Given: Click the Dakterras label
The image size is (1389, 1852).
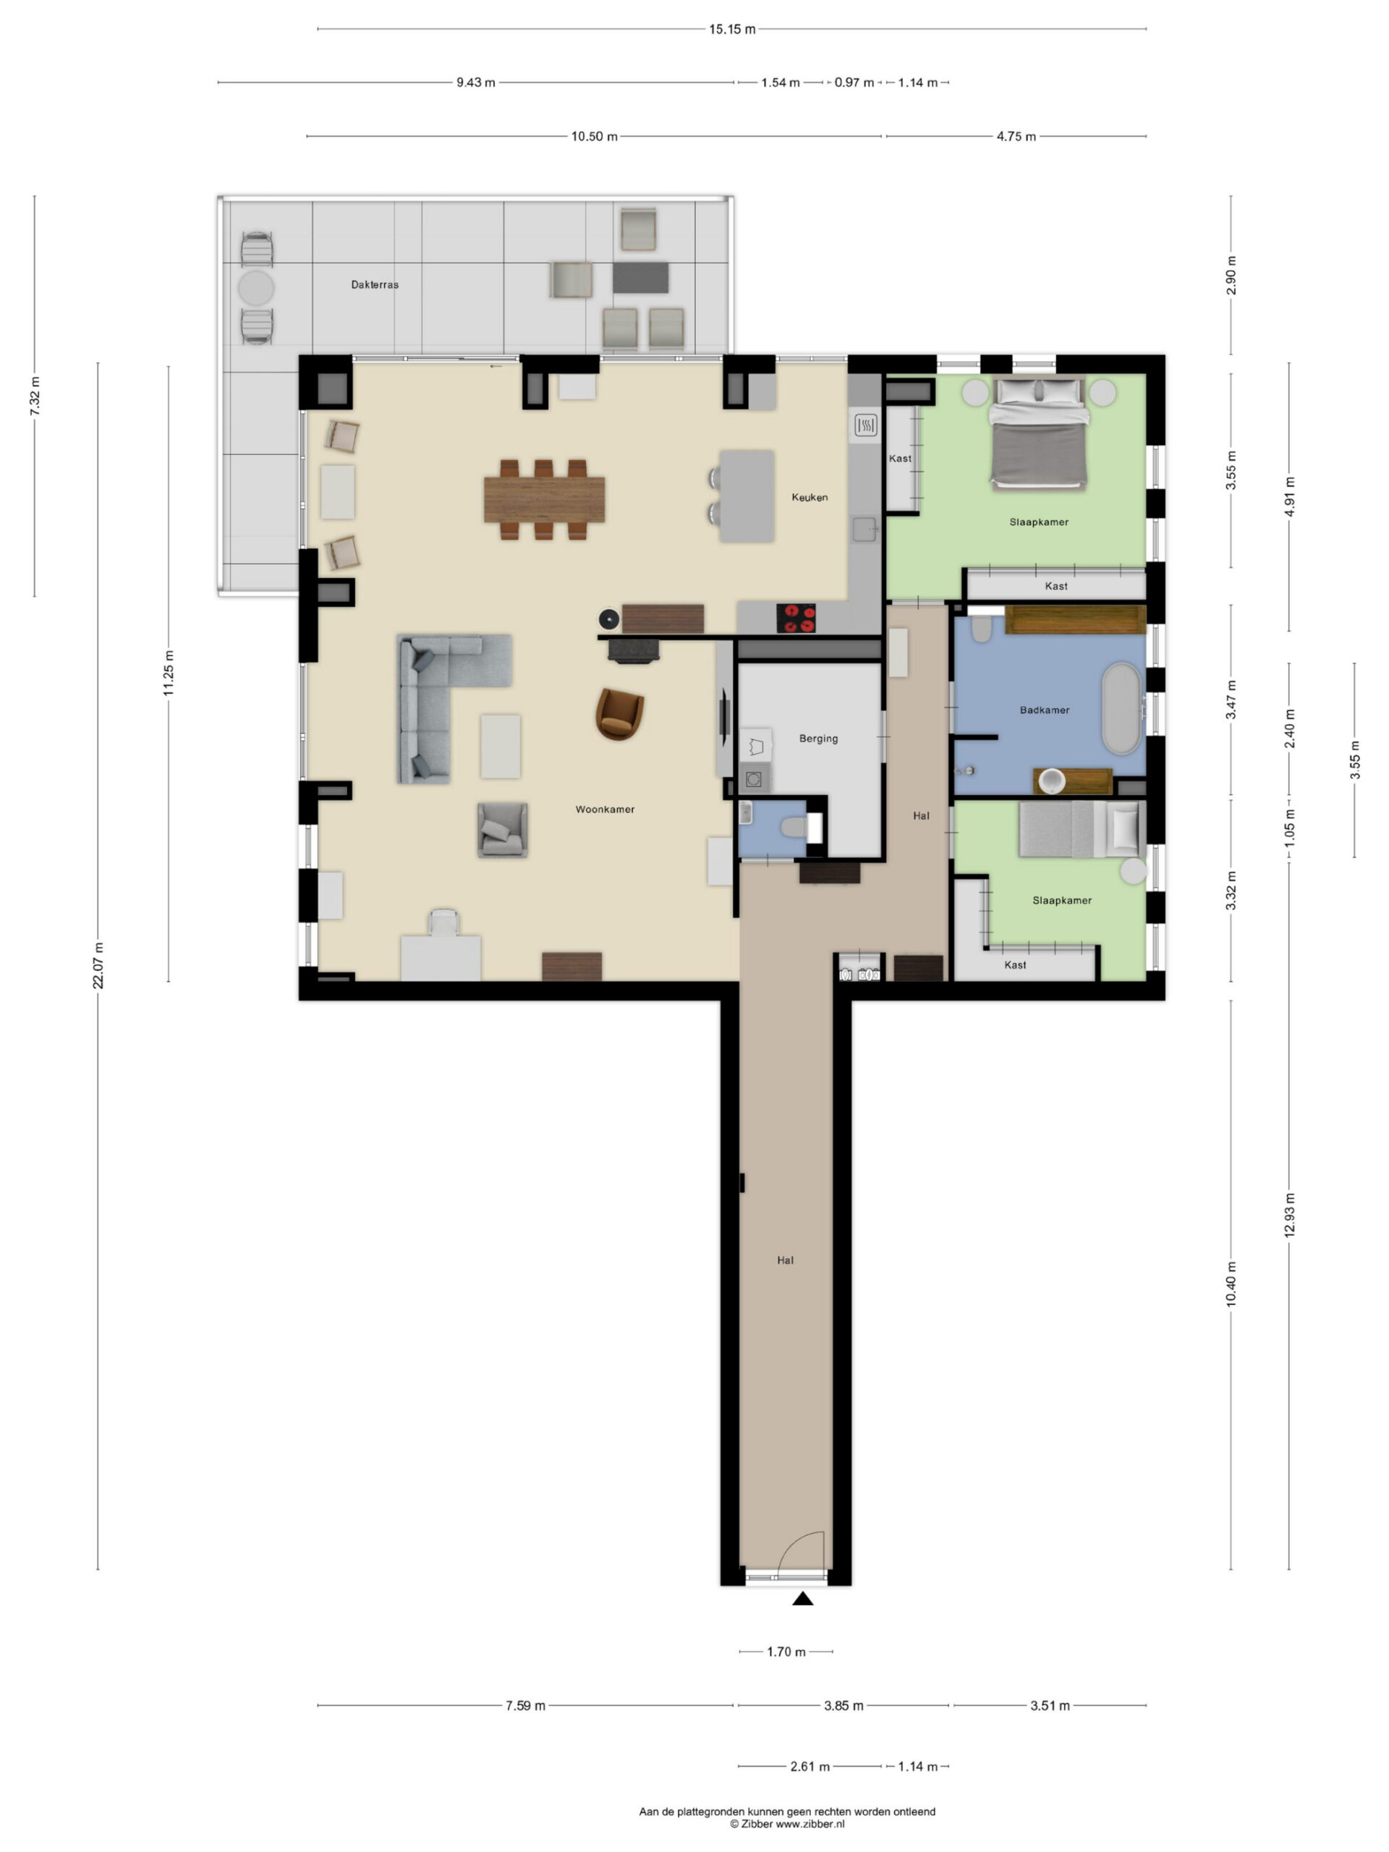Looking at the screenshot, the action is [x=374, y=284].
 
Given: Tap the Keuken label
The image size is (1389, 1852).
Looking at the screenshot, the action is [x=810, y=497].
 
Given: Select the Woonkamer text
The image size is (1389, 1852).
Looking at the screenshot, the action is [x=605, y=810].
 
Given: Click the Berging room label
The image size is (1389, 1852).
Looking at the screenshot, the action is [x=818, y=739].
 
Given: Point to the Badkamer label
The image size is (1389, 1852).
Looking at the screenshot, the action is [x=1044, y=710].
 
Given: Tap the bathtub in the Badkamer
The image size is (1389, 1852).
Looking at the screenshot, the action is [x=1121, y=708].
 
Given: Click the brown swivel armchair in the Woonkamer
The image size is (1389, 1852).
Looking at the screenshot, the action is [x=619, y=714].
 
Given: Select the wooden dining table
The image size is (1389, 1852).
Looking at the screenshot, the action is [x=544, y=499].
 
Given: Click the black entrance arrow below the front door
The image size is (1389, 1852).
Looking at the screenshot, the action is [x=803, y=1599].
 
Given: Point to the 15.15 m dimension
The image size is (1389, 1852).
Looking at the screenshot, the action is [x=732, y=30].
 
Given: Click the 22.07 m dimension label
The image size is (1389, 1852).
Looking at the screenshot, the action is [x=98, y=965].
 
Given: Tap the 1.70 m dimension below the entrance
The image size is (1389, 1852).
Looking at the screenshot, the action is [x=786, y=1652].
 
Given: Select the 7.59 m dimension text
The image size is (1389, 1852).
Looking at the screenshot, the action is [x=525, y=1705].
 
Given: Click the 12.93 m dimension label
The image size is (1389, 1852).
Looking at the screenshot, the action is [x=1289, y=1215].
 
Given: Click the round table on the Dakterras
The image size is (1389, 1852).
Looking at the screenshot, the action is [x=256, y=288].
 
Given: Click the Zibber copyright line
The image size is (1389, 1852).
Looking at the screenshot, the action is [x=787, y=1824].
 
